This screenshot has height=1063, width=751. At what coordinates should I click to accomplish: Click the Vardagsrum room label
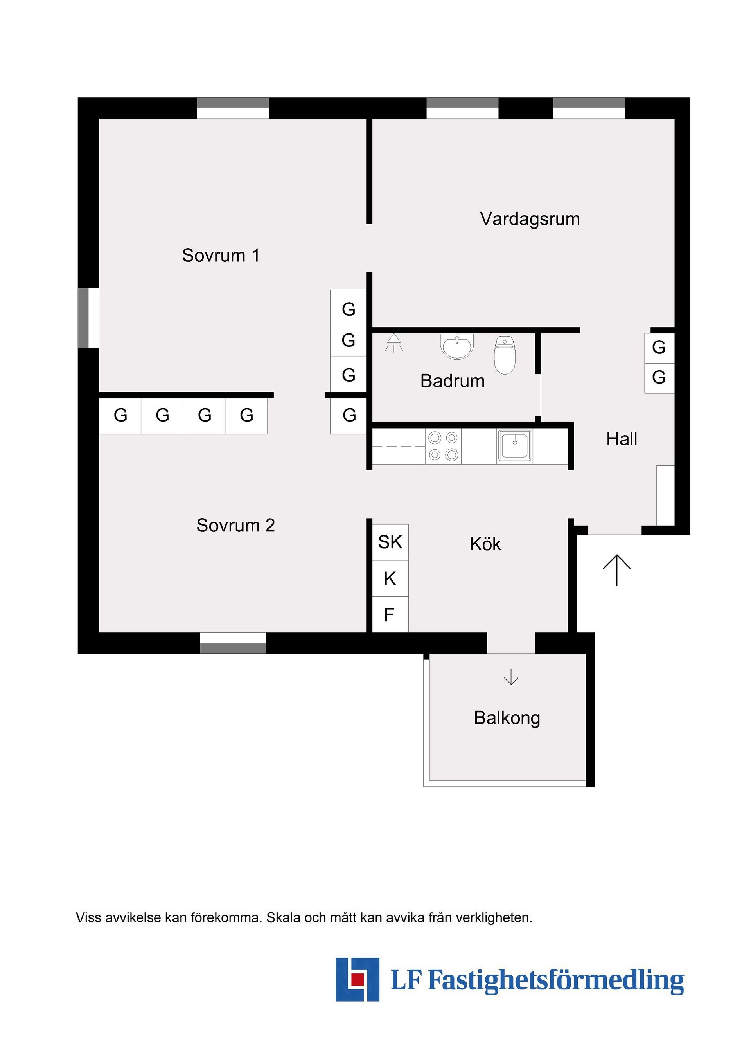[x=530, y=219]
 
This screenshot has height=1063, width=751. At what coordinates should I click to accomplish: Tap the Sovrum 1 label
[x=221, y=256]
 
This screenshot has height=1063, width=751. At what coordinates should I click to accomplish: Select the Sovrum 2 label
[x=235, y=526]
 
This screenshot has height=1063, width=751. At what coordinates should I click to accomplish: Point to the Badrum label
[x=452, y=381]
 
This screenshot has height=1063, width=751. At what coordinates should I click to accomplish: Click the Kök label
[x=485, y=544]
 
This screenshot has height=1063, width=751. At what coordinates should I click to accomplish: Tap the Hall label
[x=622, y=439]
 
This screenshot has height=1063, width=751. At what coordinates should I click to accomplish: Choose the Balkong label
[x=507, y=718]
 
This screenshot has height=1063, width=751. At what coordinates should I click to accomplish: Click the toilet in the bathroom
[x=504, y=355]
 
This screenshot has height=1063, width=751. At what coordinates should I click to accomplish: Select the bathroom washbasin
[x=457, y=346]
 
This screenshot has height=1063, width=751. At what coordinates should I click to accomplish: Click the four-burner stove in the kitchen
[x=443, y=446]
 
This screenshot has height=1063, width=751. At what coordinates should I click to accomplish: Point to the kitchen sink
[x=514, y=445]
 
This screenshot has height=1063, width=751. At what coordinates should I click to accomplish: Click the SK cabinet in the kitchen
[x=390, y=542]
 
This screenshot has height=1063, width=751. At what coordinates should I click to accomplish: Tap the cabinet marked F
[x=390, y=615]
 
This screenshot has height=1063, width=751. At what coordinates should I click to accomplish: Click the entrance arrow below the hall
[x=617, y=569]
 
